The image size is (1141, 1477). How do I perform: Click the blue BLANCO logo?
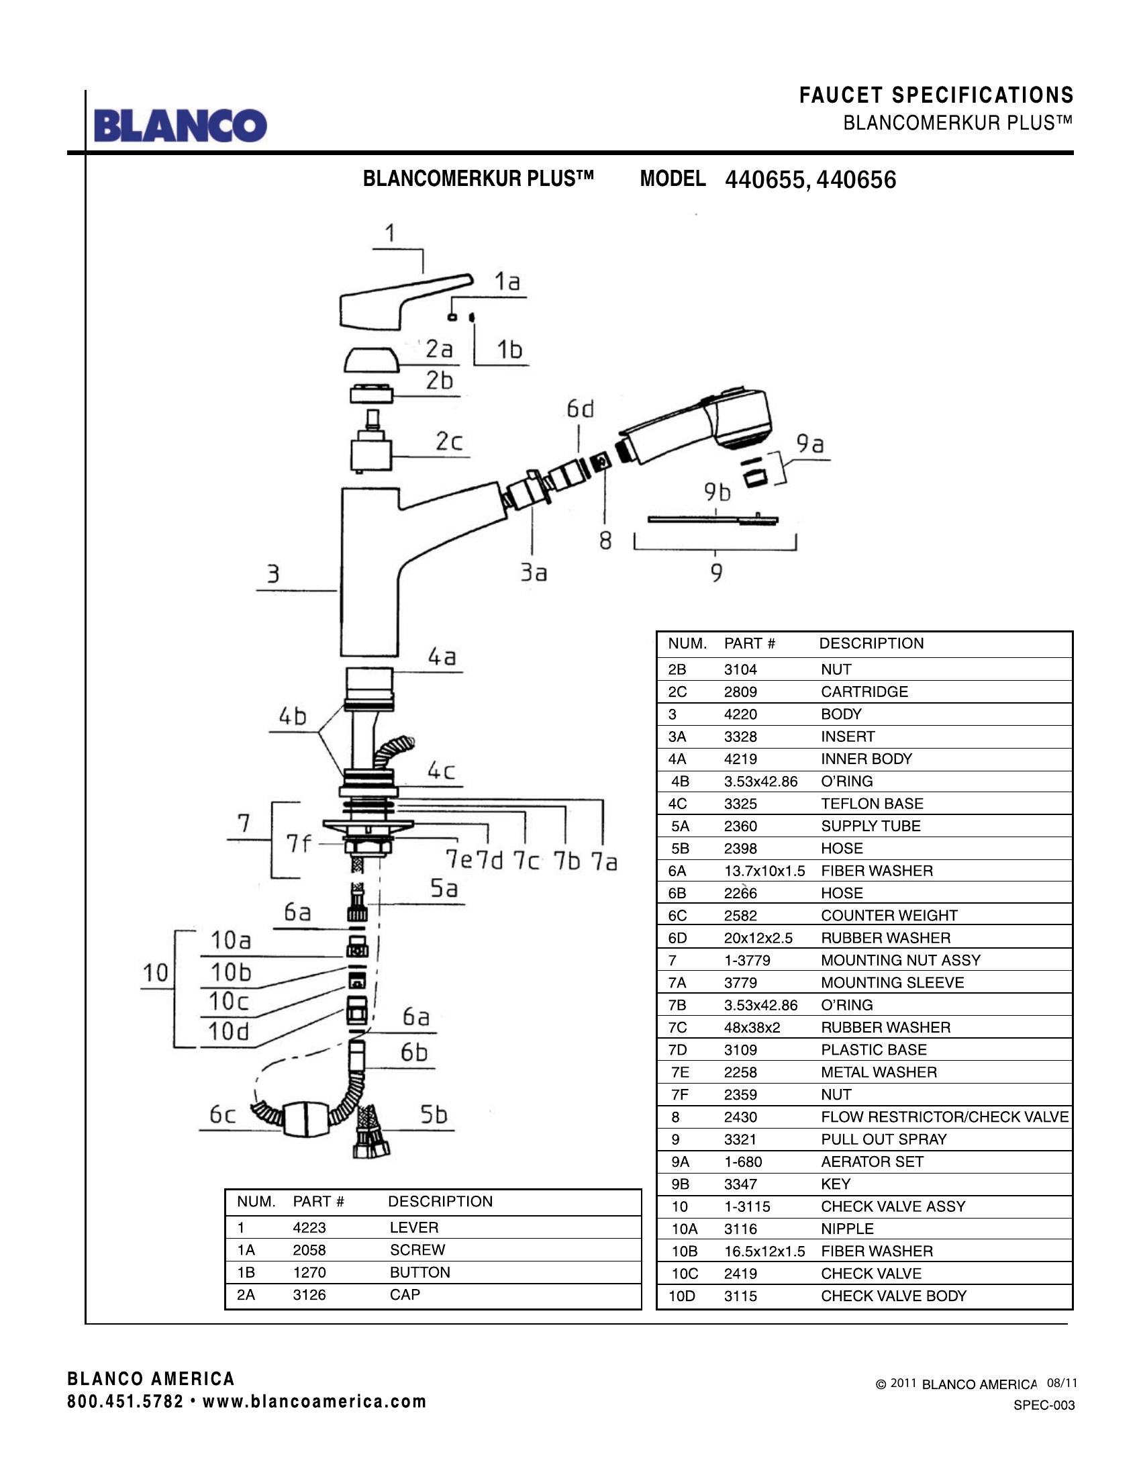pyautogui.click(x=181, y=126)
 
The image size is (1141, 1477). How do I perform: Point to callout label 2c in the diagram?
pyautogui.click(x=449, y=442)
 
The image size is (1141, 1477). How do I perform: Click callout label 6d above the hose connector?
pyautogui.click(x=580, y=409)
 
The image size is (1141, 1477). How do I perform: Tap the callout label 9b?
pyautogui.click(x=717, y=492)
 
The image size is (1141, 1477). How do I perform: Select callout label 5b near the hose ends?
pyautogui.click(x=434, y=1114)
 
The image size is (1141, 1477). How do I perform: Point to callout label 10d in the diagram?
pyautogui.click(x=228, y=1032)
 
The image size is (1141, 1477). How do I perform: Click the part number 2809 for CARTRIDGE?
pyautogui.click(x=740, y=692)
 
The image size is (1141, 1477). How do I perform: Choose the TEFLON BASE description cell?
pyautogui.click(x=872, y=804)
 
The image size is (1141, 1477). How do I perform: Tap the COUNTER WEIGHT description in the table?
pyautogui.click(x=889, y=916)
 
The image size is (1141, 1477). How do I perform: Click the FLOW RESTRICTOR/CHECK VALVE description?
pyautogui.click(x=944, y=1117)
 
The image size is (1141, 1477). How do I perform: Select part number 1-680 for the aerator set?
pyautogui.click(x=743, y=1162)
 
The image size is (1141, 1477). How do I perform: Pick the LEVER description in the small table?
pyautogui.click(x=413, y=1227)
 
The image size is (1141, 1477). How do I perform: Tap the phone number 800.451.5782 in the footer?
pyautogui.click(x=125, y=1401)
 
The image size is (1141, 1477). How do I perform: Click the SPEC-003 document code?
pyautogui.click(x=1044, y=1405)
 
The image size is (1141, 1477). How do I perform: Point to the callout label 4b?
pyautogui.click(x=293, y=716)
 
